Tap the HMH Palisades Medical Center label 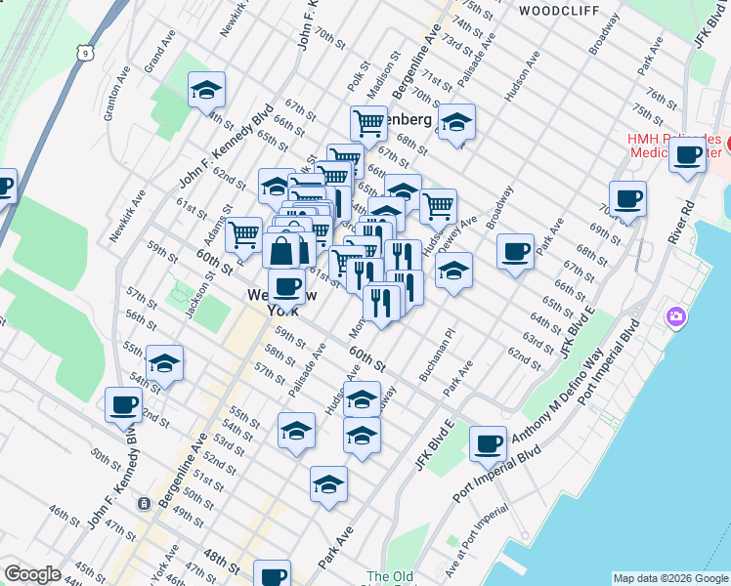(674, 145)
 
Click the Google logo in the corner (32, 574)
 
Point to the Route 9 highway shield (87, 52)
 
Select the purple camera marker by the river (675, 317)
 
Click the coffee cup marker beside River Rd (688, 154)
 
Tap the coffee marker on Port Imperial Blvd (488, 444)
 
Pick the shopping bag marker (281, 250)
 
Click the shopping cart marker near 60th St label (243, 235)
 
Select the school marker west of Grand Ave (206, 91)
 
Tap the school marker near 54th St (165, 364)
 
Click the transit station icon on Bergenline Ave (145, 504)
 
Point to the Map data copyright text (669, 578)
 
